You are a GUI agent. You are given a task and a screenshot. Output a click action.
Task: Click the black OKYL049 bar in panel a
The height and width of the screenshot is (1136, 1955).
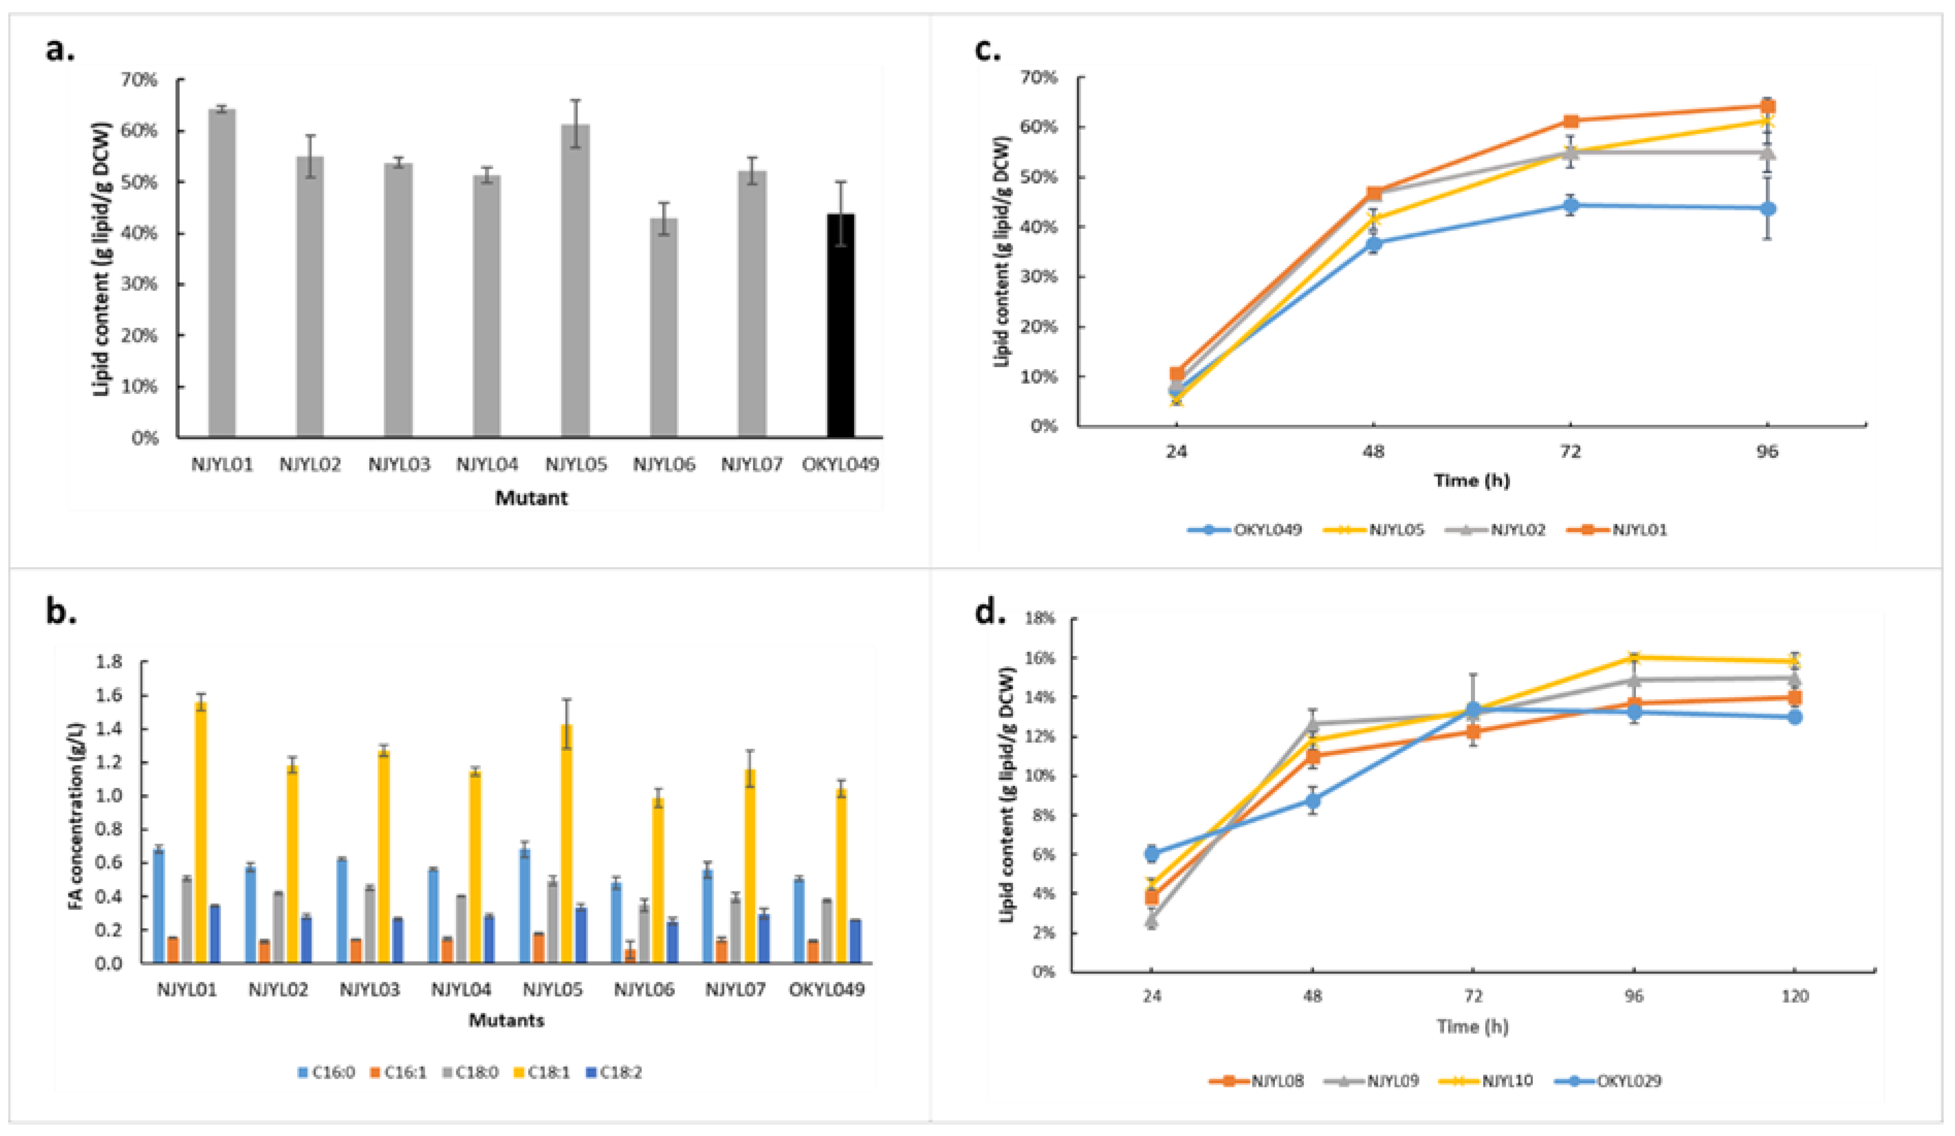coord(840,326)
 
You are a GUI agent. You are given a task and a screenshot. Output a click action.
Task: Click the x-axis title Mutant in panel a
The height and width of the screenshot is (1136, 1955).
coord(532,498)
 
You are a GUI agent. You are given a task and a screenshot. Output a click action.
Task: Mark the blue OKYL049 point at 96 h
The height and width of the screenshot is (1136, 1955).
coord(1767,209)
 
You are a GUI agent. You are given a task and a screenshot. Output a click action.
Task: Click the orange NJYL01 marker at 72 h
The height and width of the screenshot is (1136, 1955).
coord(1571,121)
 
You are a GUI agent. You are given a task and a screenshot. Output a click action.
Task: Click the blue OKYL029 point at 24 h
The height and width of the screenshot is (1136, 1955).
coord(1152,853)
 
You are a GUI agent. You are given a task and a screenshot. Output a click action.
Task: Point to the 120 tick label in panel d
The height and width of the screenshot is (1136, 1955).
coord(1795,996)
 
